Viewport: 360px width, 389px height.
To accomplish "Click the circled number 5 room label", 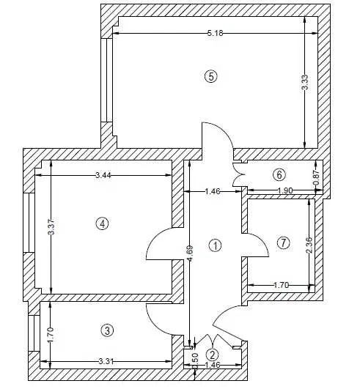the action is [x=211, y=77].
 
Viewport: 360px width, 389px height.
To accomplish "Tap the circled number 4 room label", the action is [x=102, y=223].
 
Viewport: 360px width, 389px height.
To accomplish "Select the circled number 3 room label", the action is [x=107, y=330].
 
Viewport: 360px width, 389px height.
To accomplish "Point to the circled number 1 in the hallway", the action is [x=215, y=245].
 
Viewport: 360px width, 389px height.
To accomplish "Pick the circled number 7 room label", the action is [x=283, y=242].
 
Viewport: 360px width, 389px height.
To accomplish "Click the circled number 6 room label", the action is [x=279, y=175].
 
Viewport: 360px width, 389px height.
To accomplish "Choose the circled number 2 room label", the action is [x=213, y=355].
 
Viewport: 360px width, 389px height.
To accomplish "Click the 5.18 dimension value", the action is [x=216, y=33].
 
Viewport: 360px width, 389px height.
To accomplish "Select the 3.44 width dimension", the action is [x=103, y=175].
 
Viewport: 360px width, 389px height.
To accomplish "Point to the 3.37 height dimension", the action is [x=51, y=226].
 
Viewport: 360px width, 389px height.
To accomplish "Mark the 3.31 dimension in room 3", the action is [x=106, y=361].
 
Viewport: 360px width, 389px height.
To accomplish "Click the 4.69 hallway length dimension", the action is [x=190, y=253].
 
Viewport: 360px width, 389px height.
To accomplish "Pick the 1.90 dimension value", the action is [x=284, y=190].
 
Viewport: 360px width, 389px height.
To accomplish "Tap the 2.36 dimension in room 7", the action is [x=309, y=245].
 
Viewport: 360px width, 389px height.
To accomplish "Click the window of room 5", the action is [x=107, y=80].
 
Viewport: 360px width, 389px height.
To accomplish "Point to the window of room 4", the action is [x=29, y=223].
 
